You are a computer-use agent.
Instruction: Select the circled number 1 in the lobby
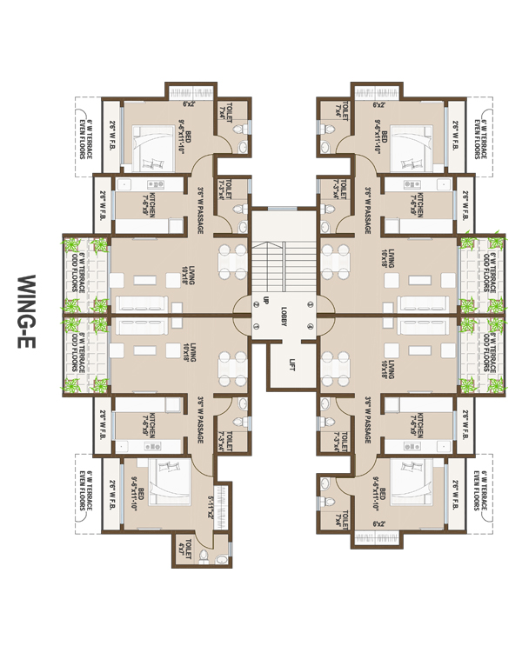(257, 326)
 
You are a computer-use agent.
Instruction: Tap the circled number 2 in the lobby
(257, 302)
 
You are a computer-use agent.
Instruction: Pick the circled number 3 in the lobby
(311, 302)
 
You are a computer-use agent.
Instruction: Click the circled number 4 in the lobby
(311, 326)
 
